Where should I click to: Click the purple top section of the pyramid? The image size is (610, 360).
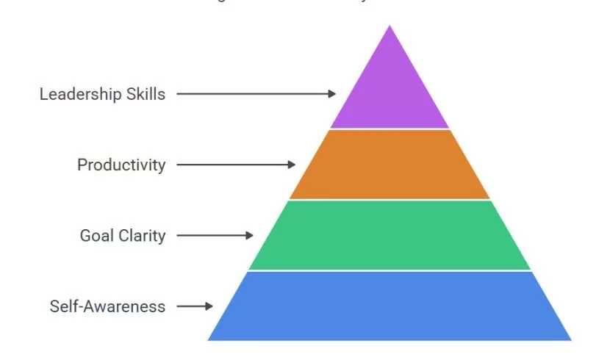(390, 92)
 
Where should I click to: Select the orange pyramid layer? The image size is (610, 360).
(390, 165)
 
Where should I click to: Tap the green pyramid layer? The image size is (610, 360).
(390, 236)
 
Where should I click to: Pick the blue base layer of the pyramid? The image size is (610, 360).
(390, 306)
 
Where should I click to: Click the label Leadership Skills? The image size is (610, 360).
(102, 94)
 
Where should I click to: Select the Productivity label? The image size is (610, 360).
(121, 165)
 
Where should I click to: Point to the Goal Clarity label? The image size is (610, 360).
(123, 236)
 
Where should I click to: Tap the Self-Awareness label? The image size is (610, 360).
(107, 306)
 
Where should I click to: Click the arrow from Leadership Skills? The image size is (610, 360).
(256, 94)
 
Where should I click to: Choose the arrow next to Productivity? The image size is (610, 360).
(236, 165)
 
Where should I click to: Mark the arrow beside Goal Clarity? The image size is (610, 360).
(215, 236)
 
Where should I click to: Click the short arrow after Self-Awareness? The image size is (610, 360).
(195, 306)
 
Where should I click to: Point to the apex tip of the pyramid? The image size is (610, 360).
(390, 27)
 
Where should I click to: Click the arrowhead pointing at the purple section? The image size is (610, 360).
(333, 94)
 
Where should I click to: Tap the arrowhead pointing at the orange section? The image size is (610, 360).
(293, 165)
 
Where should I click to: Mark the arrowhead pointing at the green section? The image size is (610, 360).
(250, 236)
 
